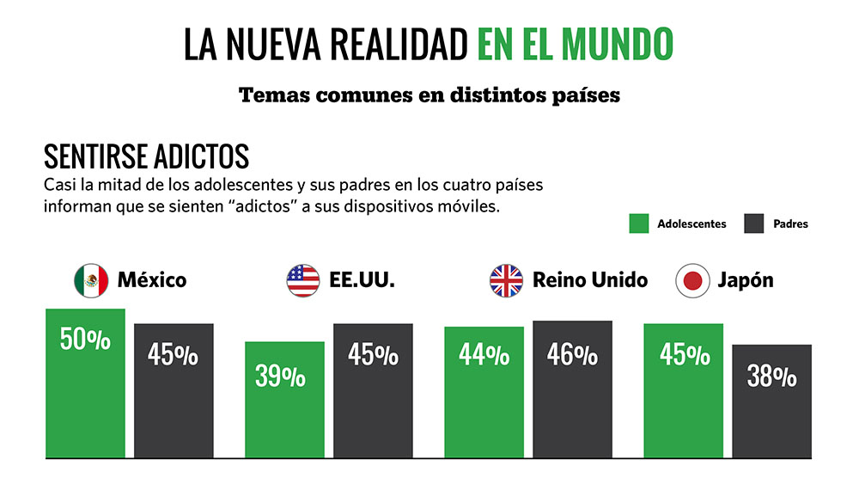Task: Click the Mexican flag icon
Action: pos(90,280)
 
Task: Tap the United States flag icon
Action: pos(303,280)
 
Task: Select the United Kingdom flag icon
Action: pos(507,280)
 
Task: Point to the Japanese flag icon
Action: pos(691,280)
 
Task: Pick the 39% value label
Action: pos(280,376)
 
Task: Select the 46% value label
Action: pos(572,354)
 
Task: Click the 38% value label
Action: pos(771,376)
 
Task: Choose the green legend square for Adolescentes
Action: pos(638,224)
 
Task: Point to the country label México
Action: pos(151,280)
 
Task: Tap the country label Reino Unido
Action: pos(589,280)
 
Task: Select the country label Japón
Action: pos(745,280)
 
